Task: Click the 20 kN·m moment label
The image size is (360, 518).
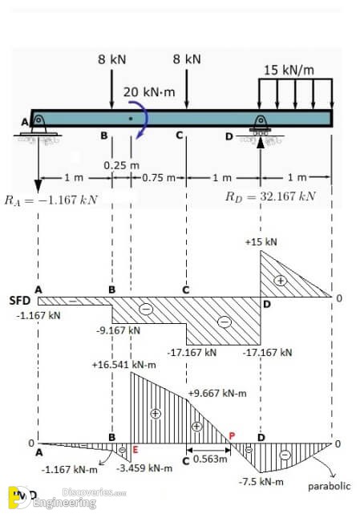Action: [x=149, y=92]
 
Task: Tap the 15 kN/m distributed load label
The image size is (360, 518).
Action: [x=289, y=70]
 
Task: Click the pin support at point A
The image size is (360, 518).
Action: [x=38, y=126]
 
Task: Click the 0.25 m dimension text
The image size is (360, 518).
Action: [x=122, y=165]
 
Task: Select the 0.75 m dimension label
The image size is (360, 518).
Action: [x=159, y=178]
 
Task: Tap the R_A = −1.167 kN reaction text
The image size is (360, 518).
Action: [x=51, y=200]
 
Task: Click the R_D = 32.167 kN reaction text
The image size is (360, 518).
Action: [x=270, y=196]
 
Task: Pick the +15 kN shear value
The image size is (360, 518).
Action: [x=261, y=242]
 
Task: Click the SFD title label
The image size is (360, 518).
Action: [x=20, y=301]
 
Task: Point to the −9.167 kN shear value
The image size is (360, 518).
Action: [x=118, y=330]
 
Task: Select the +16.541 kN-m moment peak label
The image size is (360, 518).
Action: [x=123, y=365]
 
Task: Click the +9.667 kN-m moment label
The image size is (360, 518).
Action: [x=217, y=393]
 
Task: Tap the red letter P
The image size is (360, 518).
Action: [x=232, y=436]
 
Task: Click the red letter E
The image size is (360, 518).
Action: [x=135, y=449]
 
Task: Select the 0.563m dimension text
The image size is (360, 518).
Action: [x=210, y=459]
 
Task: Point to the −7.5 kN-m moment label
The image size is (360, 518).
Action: [x=261, y=482]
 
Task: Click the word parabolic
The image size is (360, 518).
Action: [x=329, y=486]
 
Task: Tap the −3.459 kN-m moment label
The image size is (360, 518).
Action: [x=144, y=468]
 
